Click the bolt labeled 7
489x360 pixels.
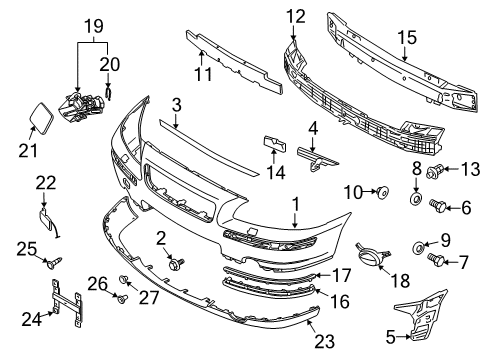tap(438, 259)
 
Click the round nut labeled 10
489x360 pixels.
tap(381, 190)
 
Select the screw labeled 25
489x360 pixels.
tap(52, 263)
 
